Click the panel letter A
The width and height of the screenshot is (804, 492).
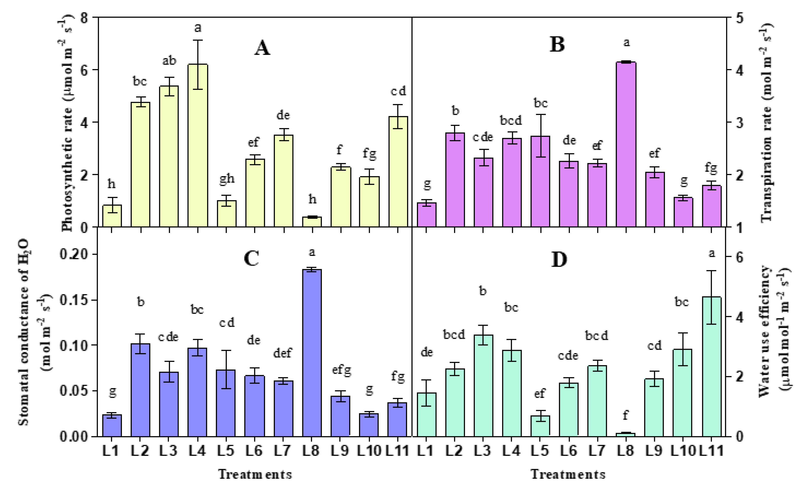(x=262, y=48)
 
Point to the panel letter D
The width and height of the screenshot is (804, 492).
(x=559, y=260)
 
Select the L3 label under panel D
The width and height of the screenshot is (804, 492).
(x=483, y=451)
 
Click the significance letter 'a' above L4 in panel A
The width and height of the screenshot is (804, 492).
(x=198, y=28)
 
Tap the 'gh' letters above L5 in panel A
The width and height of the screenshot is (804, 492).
(x=226, y=179)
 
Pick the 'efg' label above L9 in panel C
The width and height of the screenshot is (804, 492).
(x=341, y=370)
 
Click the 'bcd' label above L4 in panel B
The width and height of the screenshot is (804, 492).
(x=511, y=121)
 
